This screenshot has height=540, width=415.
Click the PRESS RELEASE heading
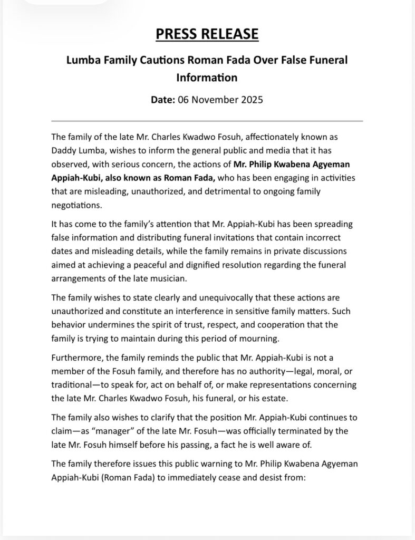click(207, 34)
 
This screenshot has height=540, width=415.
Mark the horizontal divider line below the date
click(207, 121)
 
